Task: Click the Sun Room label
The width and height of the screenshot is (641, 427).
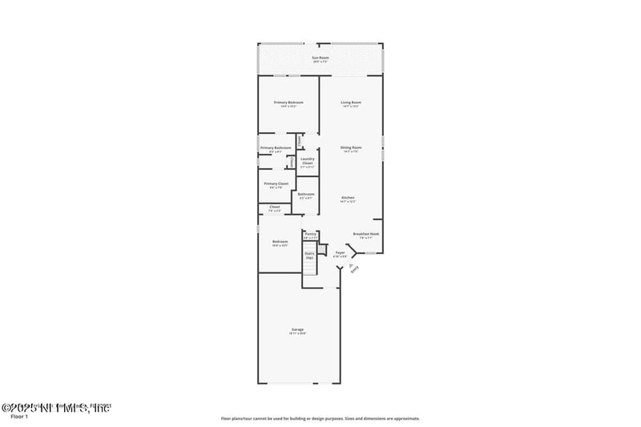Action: coord(320,58)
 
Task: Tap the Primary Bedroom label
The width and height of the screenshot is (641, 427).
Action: coord(288,103)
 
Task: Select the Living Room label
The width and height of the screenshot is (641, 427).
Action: coord(351,103)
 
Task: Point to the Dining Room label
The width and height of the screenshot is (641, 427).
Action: coord(351,147)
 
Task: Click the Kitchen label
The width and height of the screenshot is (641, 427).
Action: coord(348,198)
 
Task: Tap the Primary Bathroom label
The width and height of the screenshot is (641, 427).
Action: coord(275,147)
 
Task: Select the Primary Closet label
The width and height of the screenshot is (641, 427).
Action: coord(276,183)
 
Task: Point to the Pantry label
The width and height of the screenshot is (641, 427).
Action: coord(310,234)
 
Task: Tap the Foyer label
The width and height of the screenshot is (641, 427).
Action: coord(340,252)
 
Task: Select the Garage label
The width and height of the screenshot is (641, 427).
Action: coord(297,329)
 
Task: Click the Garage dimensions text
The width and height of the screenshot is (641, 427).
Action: coord(297,333)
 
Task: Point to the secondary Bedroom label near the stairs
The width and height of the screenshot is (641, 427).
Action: coord(280,242)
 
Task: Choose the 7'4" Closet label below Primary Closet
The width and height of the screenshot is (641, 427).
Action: coord(274,207)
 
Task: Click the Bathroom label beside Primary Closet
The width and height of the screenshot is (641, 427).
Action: coord(305,194)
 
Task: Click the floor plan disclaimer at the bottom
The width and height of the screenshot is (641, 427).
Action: coord(320,418)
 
